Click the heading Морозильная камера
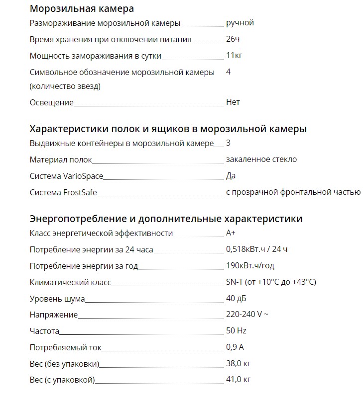coord(82,8)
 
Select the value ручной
coord(240,23)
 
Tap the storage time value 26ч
coord(233,39)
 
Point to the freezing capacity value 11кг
coord(234,56)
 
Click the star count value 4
coord(228,72)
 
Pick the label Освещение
coord(51,102)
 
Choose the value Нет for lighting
coord(233,102)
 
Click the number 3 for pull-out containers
coord(228,143)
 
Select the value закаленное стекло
coord(261,160)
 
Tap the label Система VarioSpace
coord(66,176)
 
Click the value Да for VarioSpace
coord(231,176)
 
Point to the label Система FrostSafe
coord(63,192)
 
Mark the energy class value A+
coord(231,233)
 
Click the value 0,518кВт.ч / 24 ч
coord(256,249)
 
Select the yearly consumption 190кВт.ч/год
coord(250,266)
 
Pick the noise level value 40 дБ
coord(236,299)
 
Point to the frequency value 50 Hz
coord(236,331)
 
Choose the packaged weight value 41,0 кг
coord(238,380)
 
